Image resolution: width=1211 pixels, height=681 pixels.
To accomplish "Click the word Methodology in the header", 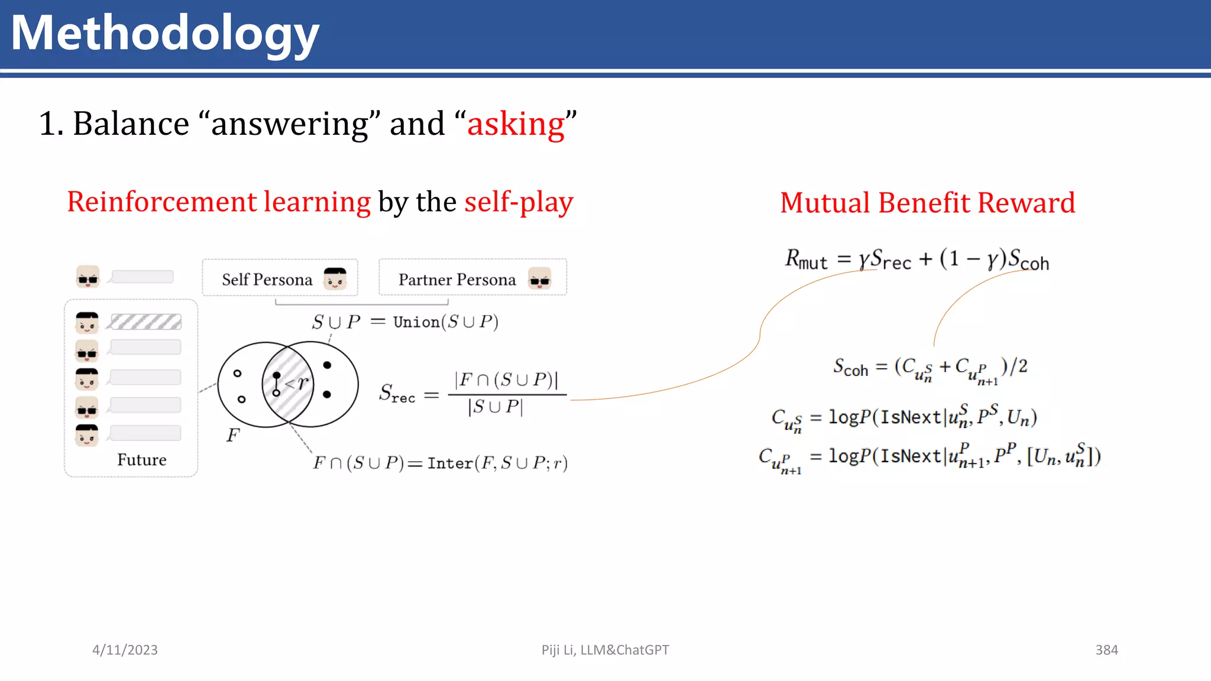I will pyautogui.click(x=165, y=34).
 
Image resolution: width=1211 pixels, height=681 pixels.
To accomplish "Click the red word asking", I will pyautogui.click(x=516, y=124).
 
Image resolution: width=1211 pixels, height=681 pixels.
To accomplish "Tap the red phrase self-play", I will pyautogui.click(x=519, y=202).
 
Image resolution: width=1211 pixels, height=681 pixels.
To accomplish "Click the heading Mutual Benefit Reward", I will pyautogui.click(x=927, y=203).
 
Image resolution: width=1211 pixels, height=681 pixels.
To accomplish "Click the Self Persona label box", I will pyautogui.click(x=279, y=278).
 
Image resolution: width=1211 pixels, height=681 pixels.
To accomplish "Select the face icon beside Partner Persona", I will pyautogui.click(x=539, y=278).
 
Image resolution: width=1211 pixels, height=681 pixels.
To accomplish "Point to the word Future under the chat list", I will pyautogui.click(x=141, y=460).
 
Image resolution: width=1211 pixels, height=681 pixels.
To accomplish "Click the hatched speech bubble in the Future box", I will pyautogui.click(x=146, y=322).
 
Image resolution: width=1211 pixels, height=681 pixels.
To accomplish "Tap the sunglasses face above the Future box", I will pyautogui.click(x=88, y=277).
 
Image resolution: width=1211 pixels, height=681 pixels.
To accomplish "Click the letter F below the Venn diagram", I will pyautogui.click(x=233, y=436).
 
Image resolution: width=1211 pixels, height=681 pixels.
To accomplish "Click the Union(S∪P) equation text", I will pyautogui.click(x=445, y=322).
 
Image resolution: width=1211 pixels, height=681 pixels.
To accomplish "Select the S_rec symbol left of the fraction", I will pyautogui.click(x=397, y=394).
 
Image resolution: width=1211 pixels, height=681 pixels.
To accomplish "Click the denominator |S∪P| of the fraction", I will pyautogui.click(x=496, y=407).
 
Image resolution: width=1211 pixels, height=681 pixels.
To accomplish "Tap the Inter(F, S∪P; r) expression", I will pyautogui.click(x=497, y=463).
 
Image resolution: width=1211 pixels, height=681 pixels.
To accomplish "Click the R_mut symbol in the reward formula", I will pyautogui.click(x=805, y=260).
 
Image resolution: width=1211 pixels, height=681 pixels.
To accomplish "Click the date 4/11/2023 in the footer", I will pyautogui.click(x=125, y=650).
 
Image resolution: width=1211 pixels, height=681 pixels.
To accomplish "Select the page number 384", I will pyautogui.click(x=1106, y=650).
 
